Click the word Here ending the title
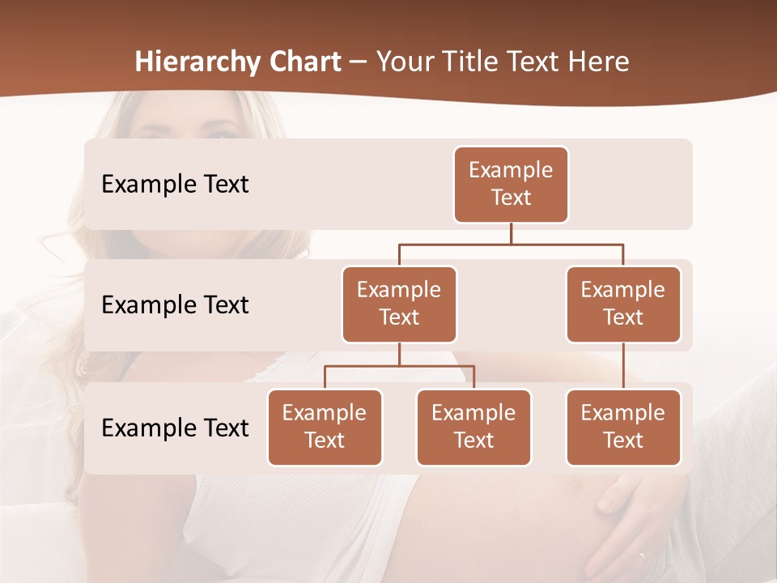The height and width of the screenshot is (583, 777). [599, 62]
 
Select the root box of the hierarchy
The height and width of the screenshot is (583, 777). [511, 184]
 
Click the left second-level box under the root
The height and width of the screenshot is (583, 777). [399, 304]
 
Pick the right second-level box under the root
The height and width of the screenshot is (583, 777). [623, 304]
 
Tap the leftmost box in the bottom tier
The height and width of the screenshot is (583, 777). [325, 427]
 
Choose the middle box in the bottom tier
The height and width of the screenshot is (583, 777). [473, 427]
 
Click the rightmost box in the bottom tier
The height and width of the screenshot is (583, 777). [623, 427]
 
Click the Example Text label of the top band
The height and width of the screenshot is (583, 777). [175, 185]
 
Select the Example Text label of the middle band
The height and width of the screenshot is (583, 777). [175, 305]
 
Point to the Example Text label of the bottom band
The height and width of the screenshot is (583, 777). [175, 428]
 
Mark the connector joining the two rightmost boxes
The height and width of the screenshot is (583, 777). [623, 366]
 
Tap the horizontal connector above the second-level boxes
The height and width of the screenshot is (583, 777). [511, 244]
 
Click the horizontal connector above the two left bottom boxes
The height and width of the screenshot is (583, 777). [399, 366]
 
